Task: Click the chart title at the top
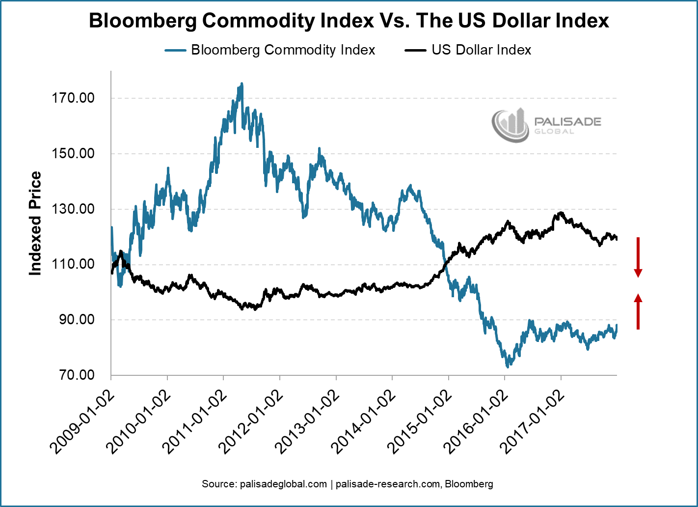pyautogui.click(x=349, y=21)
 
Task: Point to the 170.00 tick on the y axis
pyautogui.click(x=73, y=98)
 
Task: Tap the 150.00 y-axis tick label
pyautogui.click(x=73, y=154)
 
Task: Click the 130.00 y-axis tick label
pyautogui.click(x=73, y=209)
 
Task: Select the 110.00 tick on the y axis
pyautogui.click(x=73, y=265)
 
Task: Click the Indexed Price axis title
pyautogui.click(x=35, y=224)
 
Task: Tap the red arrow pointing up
pyautogui.click(x=638, y=311)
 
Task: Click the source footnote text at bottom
pyautogui.click(x=348, y=484)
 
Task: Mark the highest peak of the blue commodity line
pyautogui.click(x=242, y=84)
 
